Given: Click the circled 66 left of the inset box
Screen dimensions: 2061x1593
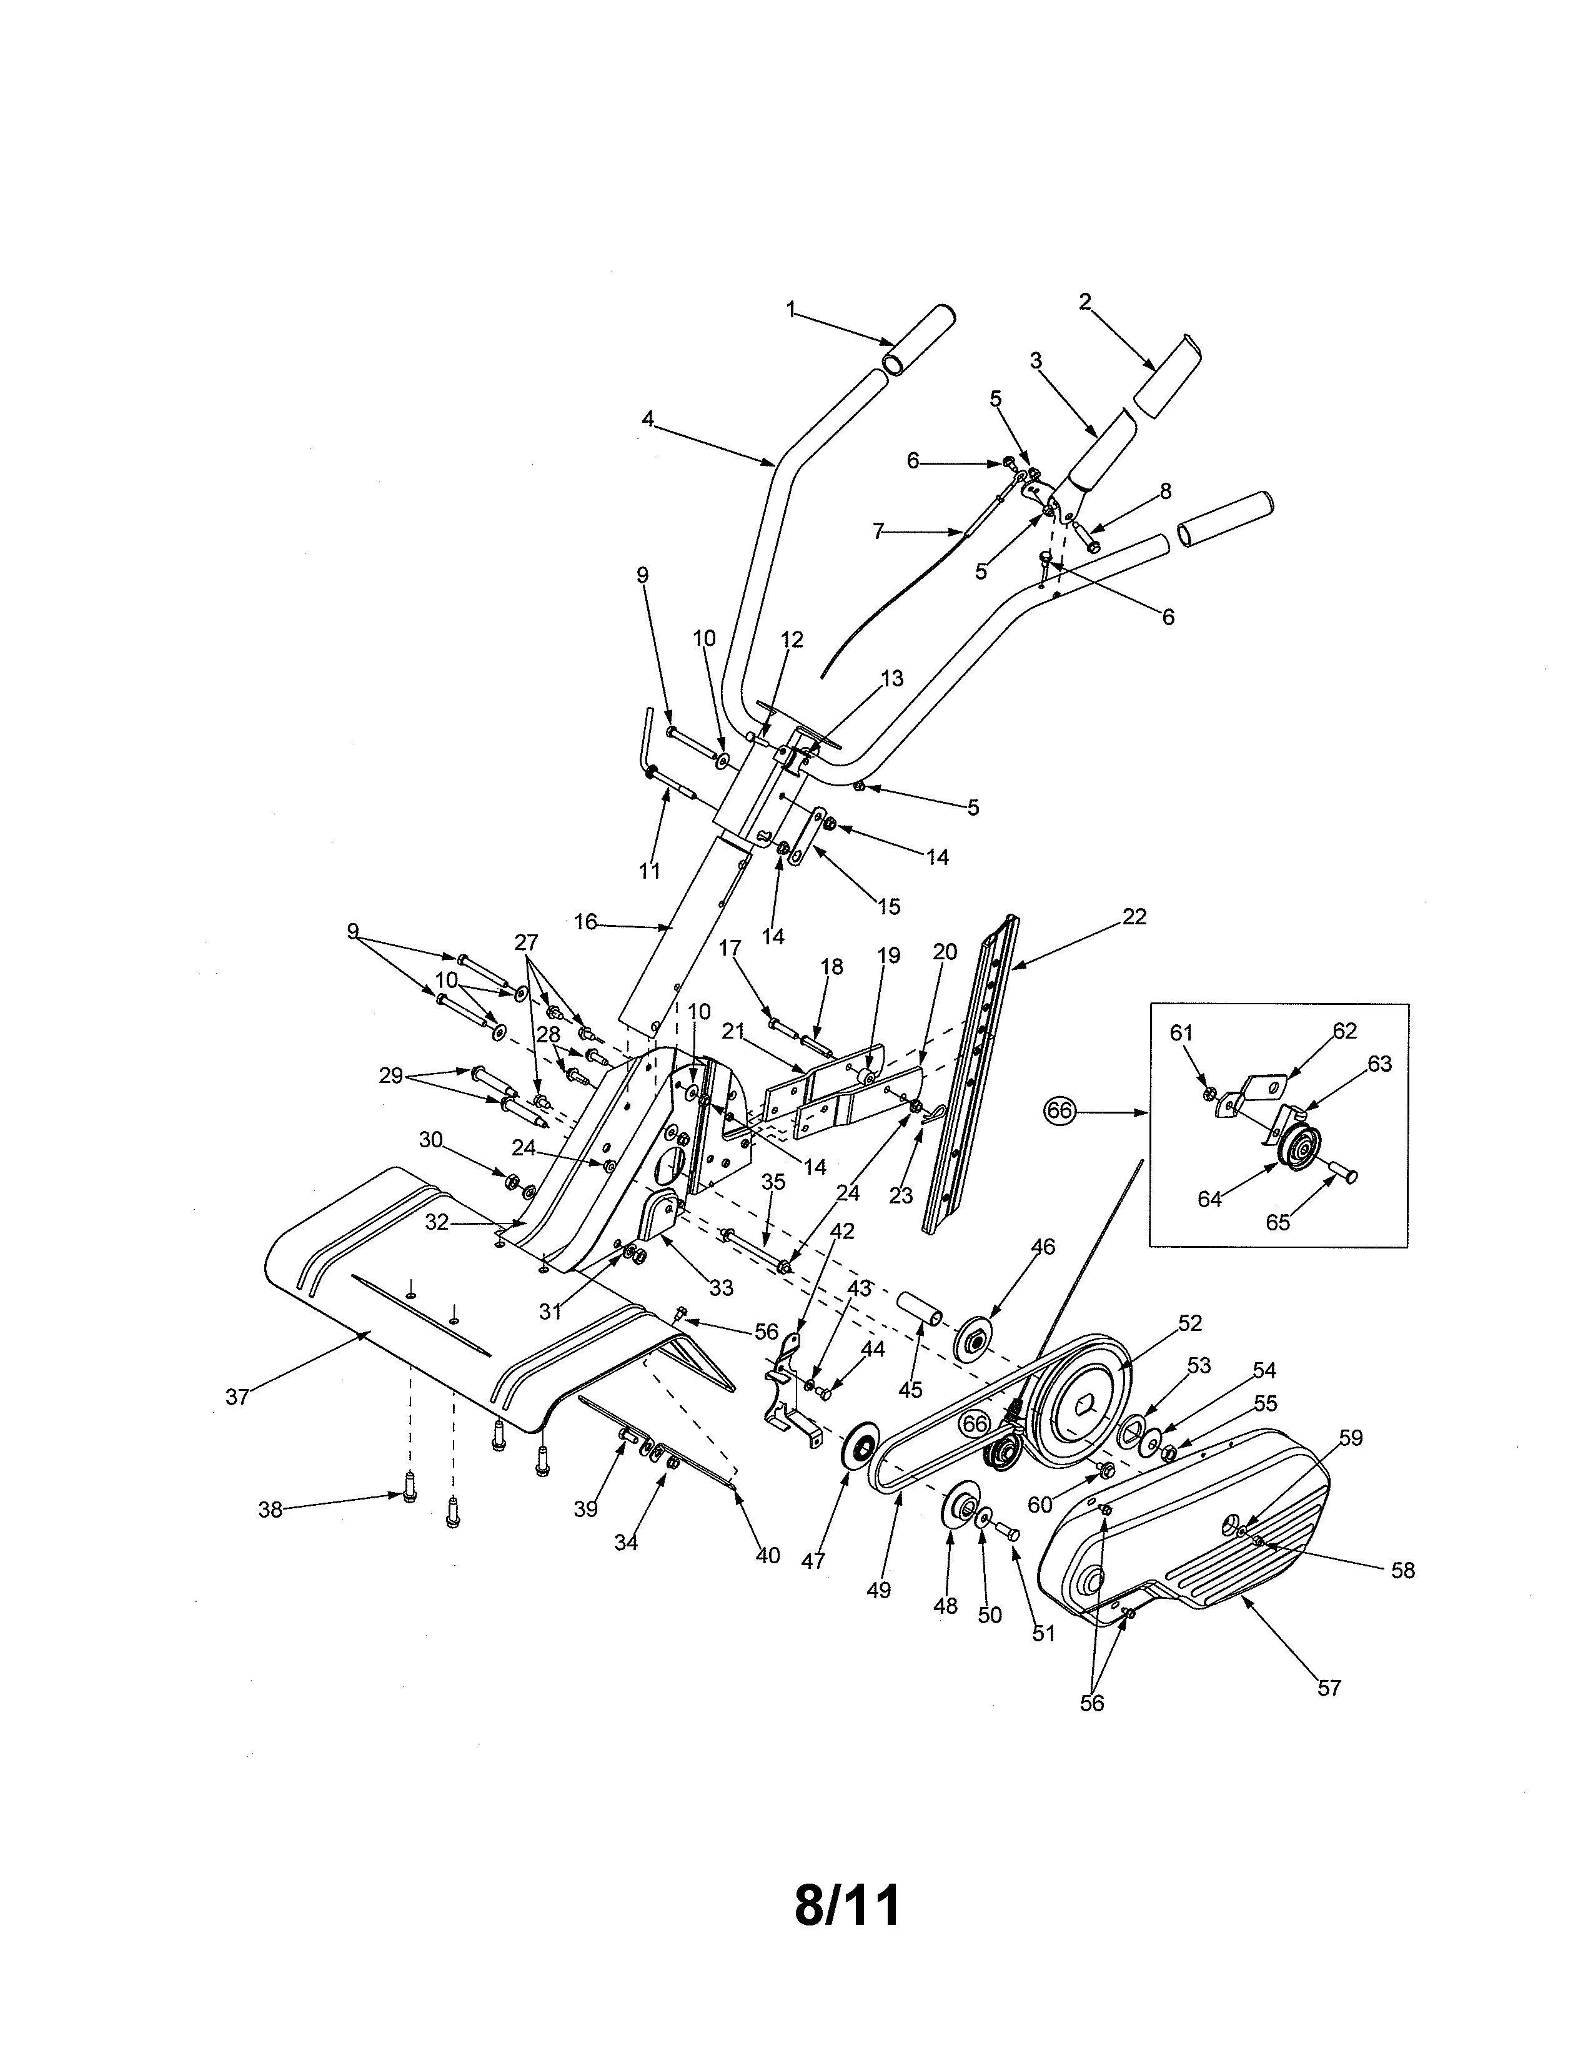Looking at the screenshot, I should click(1060, 1112).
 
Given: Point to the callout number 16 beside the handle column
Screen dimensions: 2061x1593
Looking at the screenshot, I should click(585, 922).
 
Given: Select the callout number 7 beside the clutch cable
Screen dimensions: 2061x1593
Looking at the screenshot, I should click(878, 532).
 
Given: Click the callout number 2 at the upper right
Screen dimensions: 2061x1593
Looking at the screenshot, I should click(1084, 302).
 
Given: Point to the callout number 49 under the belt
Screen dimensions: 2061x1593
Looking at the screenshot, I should click(878, 1591).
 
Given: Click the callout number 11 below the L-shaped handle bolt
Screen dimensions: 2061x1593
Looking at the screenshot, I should click(649, 871).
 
